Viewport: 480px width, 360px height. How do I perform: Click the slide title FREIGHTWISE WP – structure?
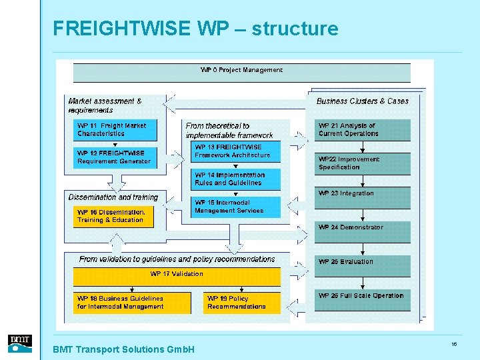tap(195, 29)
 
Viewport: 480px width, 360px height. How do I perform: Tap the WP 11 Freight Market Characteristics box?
tap(114, 130)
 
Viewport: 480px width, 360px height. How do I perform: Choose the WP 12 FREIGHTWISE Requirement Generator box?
tap(114, 157)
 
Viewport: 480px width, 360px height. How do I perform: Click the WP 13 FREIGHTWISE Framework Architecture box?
tap(235, 151)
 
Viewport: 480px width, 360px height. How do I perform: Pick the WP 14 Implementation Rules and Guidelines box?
tap(235, 179)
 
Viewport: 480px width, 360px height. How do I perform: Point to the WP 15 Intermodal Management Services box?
tap(235, 207)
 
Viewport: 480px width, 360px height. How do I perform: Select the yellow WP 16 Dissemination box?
tap(113, 216)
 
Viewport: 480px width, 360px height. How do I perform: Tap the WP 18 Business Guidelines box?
tap(121, 303)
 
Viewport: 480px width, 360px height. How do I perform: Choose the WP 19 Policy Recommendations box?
tap(241, 303)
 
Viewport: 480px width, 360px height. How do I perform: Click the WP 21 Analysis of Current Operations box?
tap(362, 130)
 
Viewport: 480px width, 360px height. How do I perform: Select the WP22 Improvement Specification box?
tap(362, 164)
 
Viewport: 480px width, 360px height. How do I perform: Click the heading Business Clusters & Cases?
tap(362, 101)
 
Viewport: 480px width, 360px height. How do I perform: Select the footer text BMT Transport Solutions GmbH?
tap(123, 349)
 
